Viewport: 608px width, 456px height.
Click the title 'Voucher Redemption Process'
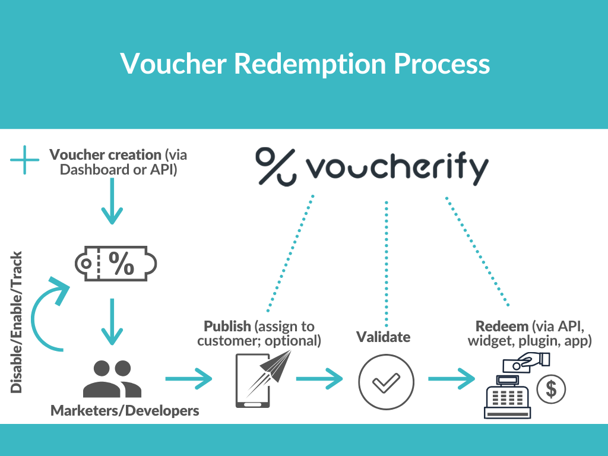click(305, 63)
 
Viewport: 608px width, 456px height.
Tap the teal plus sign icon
click(24, 160)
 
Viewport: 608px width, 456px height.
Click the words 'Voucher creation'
click(105, 155)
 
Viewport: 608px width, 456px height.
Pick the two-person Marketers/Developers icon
click(112, 378)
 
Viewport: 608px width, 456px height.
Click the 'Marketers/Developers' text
click(125, 410)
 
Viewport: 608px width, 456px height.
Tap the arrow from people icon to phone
click(189, 378)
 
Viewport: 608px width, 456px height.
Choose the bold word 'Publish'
click(227, 326)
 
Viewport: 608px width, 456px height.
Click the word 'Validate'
click(383, 337)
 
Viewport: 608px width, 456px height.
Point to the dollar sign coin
click(551, 389)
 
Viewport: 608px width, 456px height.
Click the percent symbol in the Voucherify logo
click(275, 166)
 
